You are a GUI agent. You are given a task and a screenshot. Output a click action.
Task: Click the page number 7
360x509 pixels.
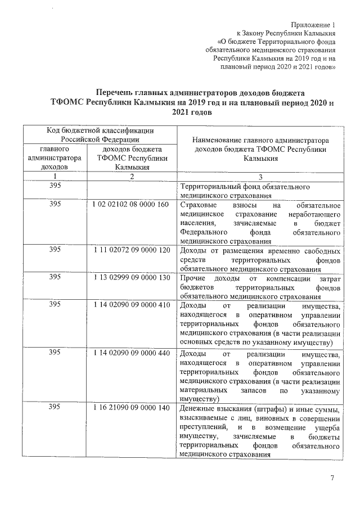(332, 478)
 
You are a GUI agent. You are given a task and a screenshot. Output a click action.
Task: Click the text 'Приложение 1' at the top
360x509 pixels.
(313, 25)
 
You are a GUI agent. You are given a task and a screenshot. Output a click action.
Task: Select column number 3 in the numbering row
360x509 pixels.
(260, 177)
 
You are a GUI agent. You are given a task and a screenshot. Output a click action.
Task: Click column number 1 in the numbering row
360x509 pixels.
(55, 177)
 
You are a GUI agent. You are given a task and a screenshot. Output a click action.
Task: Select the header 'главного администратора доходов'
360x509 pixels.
(55, 158)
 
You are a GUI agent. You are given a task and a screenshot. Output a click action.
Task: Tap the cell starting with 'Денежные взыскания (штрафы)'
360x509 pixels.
(259, 430)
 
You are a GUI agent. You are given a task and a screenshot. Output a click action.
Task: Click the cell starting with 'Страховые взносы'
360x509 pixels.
(259, 222)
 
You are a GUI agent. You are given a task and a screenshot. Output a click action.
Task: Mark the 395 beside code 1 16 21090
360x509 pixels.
(55, 408)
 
